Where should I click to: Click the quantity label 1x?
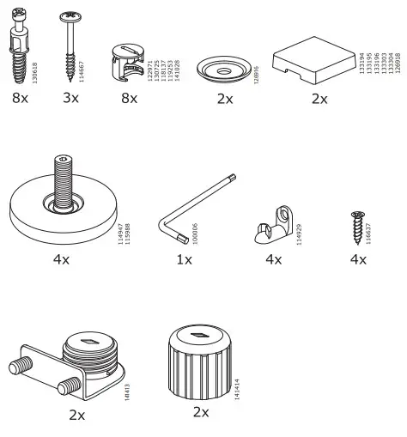[184, 258]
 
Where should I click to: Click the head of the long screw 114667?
[70, 16]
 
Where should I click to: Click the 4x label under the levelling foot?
[61, 258]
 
